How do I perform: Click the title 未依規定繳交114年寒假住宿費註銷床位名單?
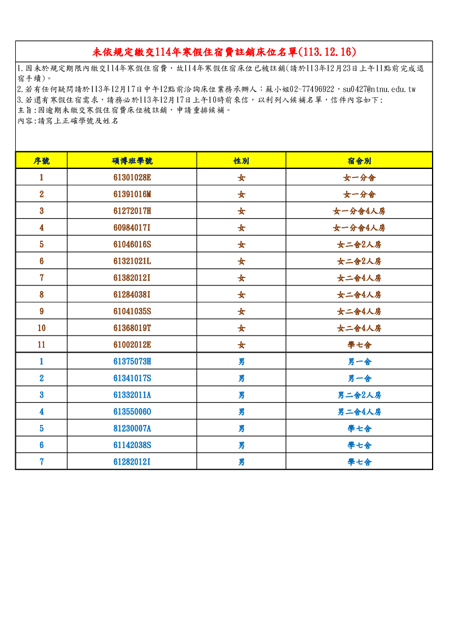(224, 52)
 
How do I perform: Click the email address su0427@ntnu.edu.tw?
(379, 89)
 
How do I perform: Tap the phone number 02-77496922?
(312, 89)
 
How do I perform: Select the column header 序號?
(41, 161)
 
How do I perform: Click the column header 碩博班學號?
(132, 161)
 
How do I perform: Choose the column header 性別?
(241, 161)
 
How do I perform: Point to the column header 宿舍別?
(359, 161)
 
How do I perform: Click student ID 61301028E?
(132, 177)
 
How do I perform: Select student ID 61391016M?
(132, 194)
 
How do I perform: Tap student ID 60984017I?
(132, 228)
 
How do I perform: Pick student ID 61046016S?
(132, 245)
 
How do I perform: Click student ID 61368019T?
(132, 328)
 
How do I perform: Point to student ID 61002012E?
(132, 345)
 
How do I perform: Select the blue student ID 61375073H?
(132, 362)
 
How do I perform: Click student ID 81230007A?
(132, 428)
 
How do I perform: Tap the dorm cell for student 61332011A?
(359, 395)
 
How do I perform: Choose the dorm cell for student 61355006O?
(359, 412)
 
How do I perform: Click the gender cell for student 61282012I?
(241, 462)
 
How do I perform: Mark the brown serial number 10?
(41, 328)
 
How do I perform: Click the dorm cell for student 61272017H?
(359, 211)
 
